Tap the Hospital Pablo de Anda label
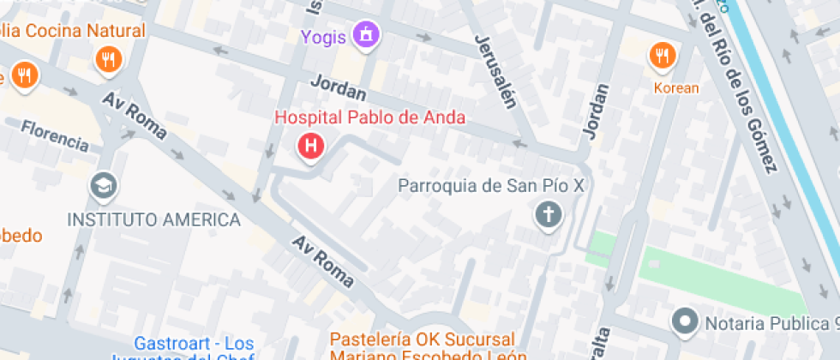(x=369, y=118)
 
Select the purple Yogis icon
(x=367, y=35)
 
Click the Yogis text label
(x=324, y=37)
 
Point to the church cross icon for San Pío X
(x=547, y=213)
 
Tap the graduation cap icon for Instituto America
(x=104, y=186)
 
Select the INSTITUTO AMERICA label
(x=154, y=219)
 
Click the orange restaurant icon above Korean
(x=661, y=56)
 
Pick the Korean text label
(x=676, y=88)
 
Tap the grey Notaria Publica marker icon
(x=684, y=322)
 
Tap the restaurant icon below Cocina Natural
(x=109, y=59)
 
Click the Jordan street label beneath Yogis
(x=339, y=88)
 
